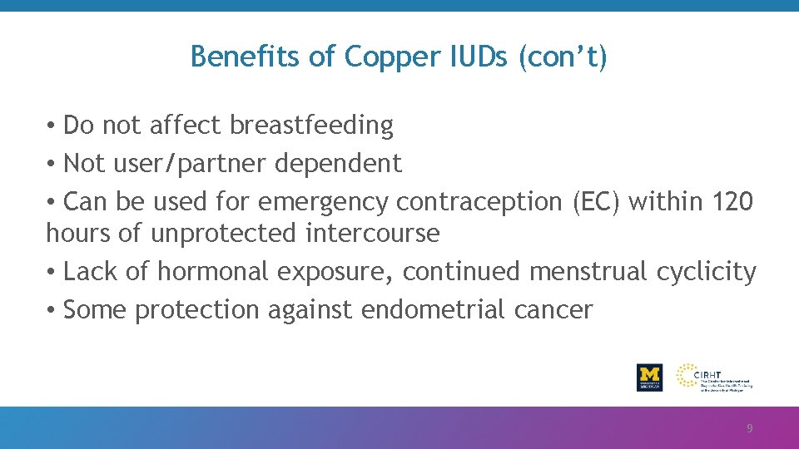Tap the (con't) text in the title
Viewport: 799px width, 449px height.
click(x=563, y=57)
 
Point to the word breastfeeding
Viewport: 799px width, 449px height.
click(x=311, y=126)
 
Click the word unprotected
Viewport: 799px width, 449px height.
click(x=223, y=234)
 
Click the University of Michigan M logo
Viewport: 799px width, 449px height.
click(x=649, y=377)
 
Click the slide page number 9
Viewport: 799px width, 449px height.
click(x=749, y=429)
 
